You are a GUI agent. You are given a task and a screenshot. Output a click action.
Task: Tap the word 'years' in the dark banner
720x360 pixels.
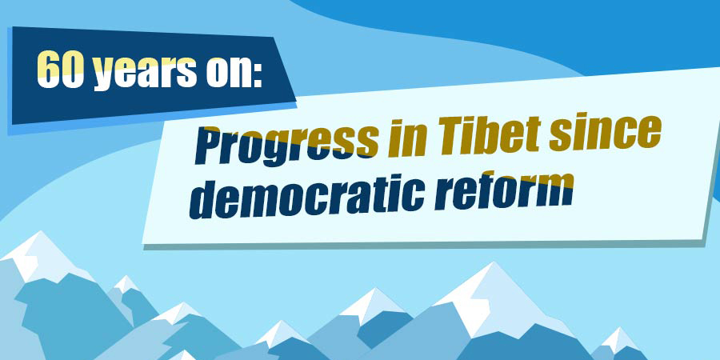coord(145,72)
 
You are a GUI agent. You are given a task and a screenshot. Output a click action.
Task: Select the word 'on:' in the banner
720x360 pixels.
coord(234,70)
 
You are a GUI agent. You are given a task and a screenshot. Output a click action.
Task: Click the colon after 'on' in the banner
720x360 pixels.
coord(257,72)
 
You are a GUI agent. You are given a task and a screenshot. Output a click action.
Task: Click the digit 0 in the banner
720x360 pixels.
coord(73,69)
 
